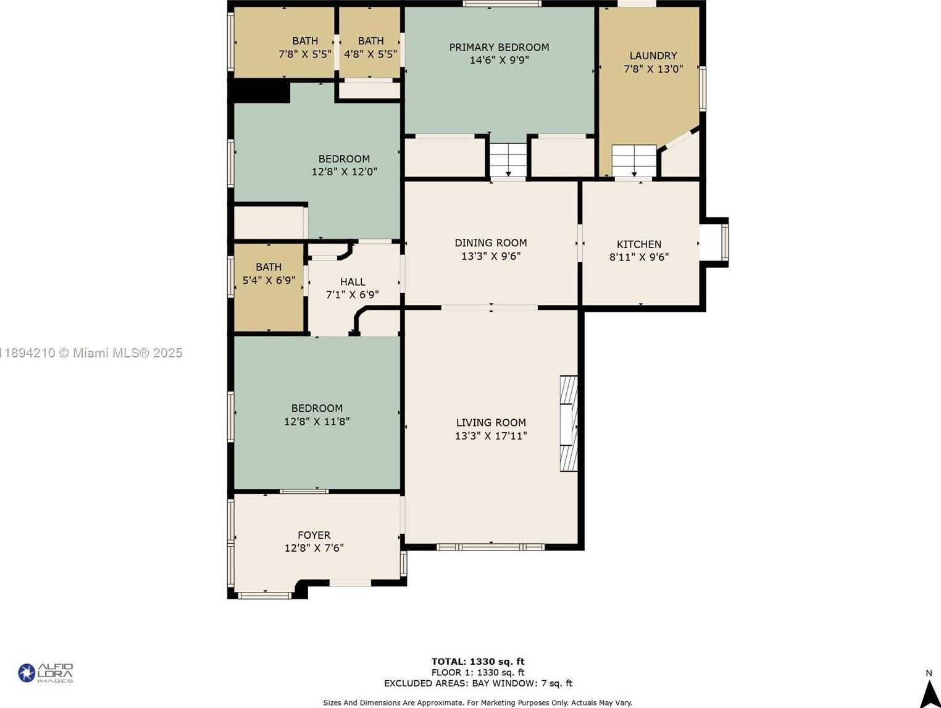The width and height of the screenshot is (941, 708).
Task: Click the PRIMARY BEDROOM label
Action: click(x=499, y=47)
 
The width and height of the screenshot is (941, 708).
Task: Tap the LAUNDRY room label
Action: click(x=653, y=56)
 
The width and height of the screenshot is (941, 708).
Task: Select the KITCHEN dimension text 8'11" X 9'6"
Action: click(x=639, y=257)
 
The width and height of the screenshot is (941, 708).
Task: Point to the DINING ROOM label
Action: click(x=491, y=243)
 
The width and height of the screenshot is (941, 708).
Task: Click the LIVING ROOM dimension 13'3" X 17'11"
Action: click(x=491, y=436)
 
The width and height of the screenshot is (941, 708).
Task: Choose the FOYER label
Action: click(x=314, y=535)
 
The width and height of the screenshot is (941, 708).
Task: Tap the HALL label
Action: click(x=353, y=282)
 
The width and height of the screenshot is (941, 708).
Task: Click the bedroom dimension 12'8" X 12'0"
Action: click(x=345, y=172)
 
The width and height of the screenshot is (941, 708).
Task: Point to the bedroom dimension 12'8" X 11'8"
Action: click(x=317, y=422)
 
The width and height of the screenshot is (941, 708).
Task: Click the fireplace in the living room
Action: click(x=569, y=423)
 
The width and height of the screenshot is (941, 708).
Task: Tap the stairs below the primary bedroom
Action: click(x=508, y=160)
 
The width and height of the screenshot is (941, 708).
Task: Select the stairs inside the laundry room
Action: click(x=634, y=160)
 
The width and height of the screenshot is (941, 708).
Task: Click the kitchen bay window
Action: click(x=714, y=243)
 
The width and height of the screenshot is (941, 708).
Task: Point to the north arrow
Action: click(x=929, y=691)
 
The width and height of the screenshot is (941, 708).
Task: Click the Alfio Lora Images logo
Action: click(x=46, y=673)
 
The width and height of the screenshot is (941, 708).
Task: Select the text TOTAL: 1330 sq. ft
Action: click(x=478, y=662)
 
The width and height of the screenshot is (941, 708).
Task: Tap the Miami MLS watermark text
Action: click(x=91, y=352)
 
